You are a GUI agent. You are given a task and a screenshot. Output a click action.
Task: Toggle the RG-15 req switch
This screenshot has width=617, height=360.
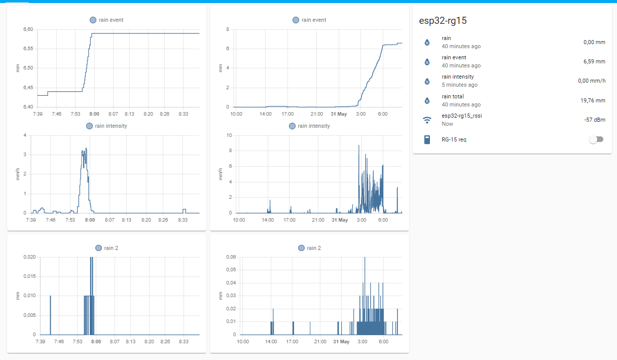[596, 139]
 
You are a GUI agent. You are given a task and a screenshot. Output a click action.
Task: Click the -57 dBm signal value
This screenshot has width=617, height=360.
[595, 120]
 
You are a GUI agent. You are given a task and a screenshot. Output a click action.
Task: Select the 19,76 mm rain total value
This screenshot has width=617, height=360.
[593, 100]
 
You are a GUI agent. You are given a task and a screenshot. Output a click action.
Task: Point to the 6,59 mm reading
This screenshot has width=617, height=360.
[594, 61]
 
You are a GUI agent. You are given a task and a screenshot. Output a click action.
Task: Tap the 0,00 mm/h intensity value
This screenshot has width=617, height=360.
[592, 81]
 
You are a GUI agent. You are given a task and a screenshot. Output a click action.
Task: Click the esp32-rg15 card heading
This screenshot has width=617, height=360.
[443, 21]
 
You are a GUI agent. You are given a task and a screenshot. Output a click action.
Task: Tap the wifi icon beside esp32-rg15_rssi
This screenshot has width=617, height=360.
[427, 120]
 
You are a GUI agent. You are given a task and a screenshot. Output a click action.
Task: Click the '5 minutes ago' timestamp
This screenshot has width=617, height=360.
[459, 85]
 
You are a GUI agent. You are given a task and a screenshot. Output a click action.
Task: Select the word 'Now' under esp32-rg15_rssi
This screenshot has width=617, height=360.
[447, 124]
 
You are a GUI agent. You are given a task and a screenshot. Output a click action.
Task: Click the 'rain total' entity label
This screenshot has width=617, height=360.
[453, 96]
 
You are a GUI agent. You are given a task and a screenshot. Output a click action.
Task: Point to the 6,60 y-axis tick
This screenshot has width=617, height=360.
[28, 29]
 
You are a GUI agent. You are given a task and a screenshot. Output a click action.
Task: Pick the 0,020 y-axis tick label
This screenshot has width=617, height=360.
[29, 257]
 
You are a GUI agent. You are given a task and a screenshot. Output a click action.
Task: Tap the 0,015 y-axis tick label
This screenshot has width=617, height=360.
[29, 276]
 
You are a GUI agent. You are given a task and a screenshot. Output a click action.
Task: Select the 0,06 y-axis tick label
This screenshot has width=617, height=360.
[231, 257]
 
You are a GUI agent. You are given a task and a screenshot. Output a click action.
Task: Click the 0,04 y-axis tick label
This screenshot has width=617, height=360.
[231, 283]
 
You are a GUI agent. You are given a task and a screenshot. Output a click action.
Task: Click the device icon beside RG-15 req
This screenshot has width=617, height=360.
[427, 139]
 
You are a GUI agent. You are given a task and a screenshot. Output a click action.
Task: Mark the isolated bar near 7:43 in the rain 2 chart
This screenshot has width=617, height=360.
[50, 314]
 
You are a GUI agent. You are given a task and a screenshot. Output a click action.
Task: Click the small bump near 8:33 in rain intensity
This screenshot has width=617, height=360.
[185, 210]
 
